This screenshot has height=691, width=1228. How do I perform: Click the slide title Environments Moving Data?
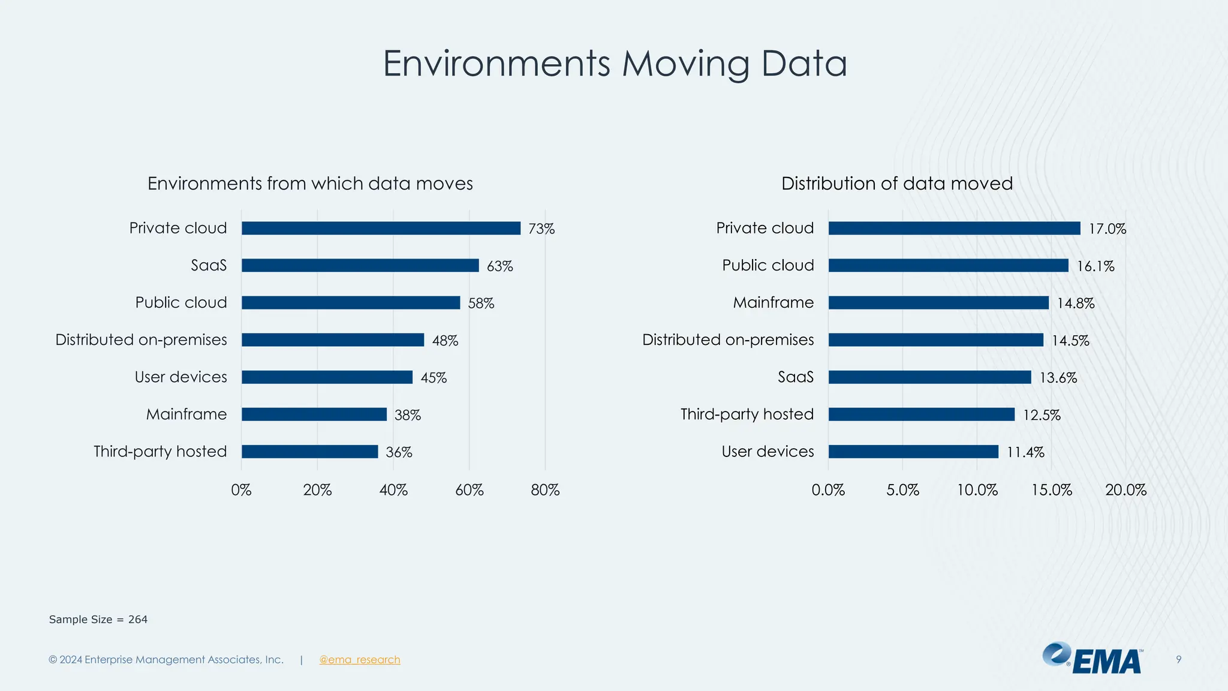pyautogui.click(x=615, y=64)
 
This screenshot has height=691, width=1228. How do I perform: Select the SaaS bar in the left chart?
pyautogui.click(x=360, y=265)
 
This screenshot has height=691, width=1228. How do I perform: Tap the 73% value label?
pyautogui.click(x=541, y=229)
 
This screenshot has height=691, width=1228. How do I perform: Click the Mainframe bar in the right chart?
pyautogui.click(x=938, y=303)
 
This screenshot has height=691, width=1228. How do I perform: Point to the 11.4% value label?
pyautogui.click(x=1025, y=452)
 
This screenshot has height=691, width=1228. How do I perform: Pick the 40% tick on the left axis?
pyautogui.click(x=393, y=490)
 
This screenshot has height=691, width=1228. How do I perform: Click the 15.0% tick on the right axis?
pyautogui.click(x=1051, y=490)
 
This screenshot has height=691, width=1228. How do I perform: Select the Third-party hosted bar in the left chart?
pyautogui.click(x=309, y=452)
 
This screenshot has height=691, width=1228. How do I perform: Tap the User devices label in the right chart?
pyautogui.click(x=767, y=452)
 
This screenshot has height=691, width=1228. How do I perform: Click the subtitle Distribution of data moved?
pyautogui.click(x=896, y=184)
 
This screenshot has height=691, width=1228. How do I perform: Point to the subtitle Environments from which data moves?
pyautogui.click(x=310, y=184)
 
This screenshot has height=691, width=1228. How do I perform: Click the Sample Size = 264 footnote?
pyautogui.click(x=98, y=620)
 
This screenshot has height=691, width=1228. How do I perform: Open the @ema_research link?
pyautogui.click(x=360, y=660)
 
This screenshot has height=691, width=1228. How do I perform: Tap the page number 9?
pyautogui.click(x=1178, y=660)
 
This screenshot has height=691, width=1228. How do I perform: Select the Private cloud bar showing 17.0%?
pyautogui.click(x=954, y=228)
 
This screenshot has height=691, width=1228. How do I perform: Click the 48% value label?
pyautogui.click(x=445, y=341)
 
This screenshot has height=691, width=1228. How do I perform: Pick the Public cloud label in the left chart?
pyautogui.click(x=181, y=302)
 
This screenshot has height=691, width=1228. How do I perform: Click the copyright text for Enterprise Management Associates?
pyautogui.click(x=166, y=660)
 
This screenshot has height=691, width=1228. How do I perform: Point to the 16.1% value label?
pyautogui.click(x=1095, y=266)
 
